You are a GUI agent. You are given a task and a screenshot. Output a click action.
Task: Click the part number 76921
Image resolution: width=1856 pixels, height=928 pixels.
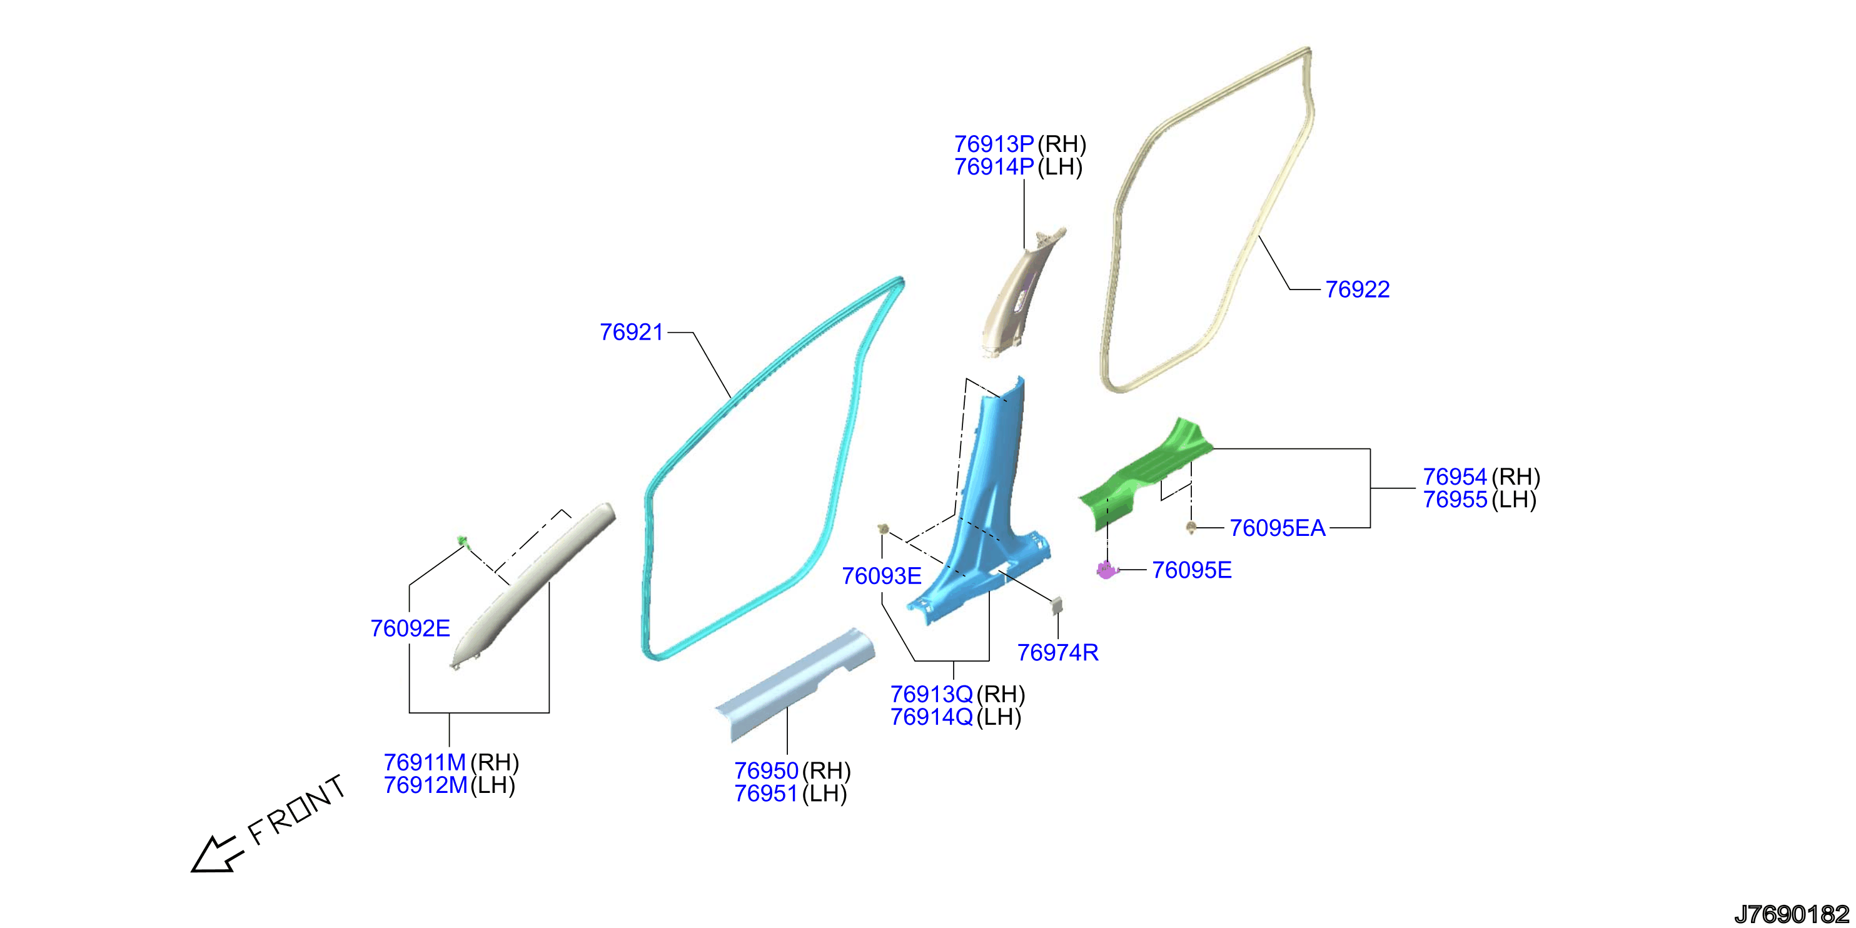point(631,332)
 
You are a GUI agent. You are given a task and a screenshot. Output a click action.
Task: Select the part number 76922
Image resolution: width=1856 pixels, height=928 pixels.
point(1358,290)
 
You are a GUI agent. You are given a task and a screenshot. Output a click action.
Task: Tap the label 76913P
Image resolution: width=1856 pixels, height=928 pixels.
point(994,144)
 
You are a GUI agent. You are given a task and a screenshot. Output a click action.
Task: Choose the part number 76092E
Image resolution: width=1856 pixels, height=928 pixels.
point(410,628)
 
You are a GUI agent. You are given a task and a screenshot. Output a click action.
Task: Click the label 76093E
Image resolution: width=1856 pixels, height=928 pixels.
point(882,576)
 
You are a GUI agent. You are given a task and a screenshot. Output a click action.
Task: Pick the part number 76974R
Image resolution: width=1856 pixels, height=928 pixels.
point(1057,652)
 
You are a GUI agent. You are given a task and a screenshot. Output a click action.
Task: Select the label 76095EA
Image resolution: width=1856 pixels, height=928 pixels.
point(1278,528)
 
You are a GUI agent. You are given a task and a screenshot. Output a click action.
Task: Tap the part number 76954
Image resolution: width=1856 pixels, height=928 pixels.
point(1455,477)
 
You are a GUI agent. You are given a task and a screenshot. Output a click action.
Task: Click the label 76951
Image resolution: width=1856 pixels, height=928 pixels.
point(766,794)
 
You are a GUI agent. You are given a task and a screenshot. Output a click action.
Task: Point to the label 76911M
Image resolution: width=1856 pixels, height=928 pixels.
point(425,762)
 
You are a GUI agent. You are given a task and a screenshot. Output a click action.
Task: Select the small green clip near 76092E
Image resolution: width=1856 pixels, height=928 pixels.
point(463,541)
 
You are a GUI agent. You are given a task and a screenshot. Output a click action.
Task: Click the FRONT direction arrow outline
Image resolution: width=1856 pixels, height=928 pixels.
point(214,854)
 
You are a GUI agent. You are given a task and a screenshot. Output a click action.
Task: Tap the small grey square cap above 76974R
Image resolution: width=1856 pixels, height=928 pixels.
point(1057,604)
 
